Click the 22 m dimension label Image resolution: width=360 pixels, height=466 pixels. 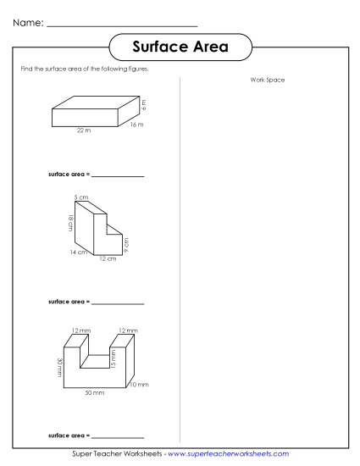coord(82,130)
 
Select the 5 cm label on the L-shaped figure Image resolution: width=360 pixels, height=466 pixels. coord(80,197)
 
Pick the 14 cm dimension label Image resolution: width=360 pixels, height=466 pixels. coord(78,252)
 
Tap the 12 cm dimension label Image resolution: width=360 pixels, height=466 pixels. coord(107,258)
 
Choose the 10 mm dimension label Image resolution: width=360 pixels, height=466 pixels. coord(138,385)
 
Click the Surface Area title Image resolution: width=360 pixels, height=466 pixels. coord(180,47)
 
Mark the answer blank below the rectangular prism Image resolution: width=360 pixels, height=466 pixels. coord(118,175)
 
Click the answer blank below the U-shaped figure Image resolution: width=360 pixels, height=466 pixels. coord(118,436)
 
